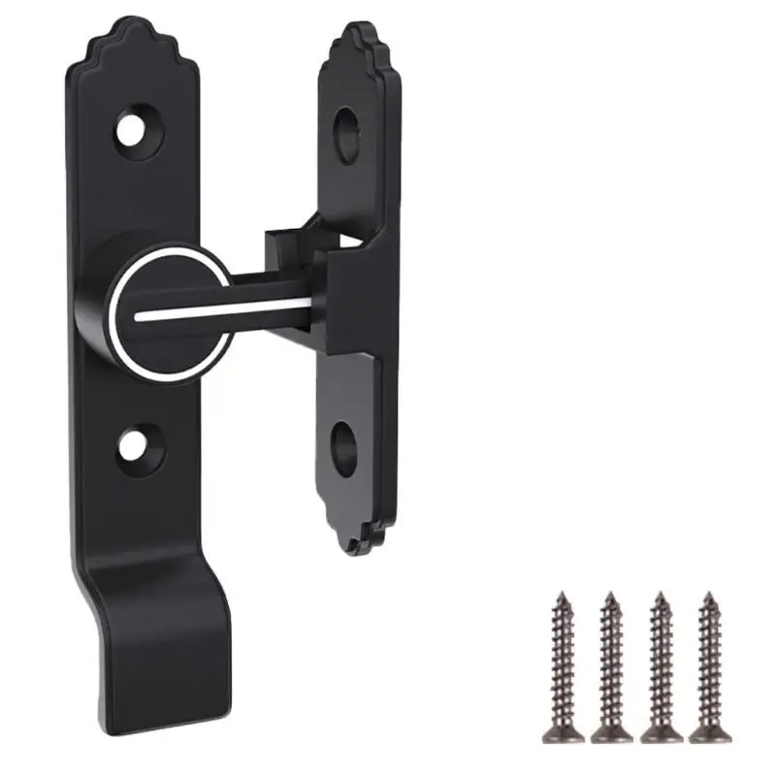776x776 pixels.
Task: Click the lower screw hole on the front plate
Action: click(x=132, y=445)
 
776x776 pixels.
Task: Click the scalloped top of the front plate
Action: click(x=130, y=39)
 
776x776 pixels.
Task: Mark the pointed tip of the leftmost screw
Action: click(x=562, y=594)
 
